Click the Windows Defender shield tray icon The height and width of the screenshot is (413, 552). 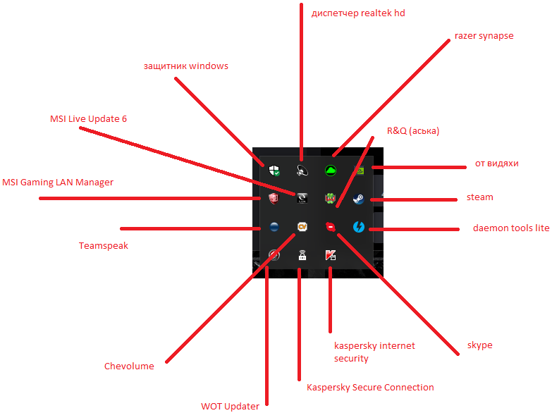pos(274,170)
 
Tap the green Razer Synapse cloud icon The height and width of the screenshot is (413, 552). pos(329,170)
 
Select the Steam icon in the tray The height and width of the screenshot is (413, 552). pos(358,199)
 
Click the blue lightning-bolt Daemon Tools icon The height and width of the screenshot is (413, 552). pos(358,227)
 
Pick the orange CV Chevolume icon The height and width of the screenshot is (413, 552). pos(302,227)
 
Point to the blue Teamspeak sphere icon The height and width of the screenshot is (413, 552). pos(274,227)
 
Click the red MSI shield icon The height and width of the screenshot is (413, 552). pos(274,199)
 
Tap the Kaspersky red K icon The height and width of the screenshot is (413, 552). pos(330,255)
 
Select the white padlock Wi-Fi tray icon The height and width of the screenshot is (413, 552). pos(302,255)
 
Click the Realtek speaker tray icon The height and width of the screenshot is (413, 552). pos(302,170)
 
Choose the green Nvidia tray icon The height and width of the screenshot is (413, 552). pos(358,170)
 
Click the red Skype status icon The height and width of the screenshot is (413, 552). pos(329,227)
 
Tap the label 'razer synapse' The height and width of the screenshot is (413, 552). pos(484,35)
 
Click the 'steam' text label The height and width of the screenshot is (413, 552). pos(479,197)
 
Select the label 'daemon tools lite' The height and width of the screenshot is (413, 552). pos(510,229)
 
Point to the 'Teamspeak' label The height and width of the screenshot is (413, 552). pos(104,246)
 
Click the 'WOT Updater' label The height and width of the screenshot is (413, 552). pos(230,406)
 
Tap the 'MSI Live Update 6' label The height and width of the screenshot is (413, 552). pos(88,118)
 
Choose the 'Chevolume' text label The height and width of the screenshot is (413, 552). pos(128,366)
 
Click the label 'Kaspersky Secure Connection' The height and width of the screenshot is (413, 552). pos(370,387)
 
